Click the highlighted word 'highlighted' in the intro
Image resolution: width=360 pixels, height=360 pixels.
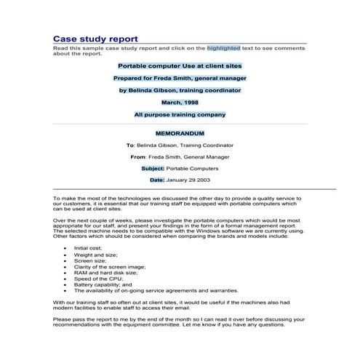(x=223, y=48)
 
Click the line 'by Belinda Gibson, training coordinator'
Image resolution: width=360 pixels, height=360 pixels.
(x=180, y=90)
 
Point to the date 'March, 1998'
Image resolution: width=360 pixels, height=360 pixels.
(x=180, y=103)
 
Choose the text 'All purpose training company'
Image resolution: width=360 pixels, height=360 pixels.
(x=180, y=114)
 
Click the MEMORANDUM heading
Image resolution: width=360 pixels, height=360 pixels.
(x=180, y=134)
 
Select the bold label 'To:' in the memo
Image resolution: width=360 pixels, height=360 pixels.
(x=131, y=145)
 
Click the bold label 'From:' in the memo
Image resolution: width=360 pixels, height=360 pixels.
(x=138, y=156)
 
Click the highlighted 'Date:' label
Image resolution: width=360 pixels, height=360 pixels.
(x=157, y=179)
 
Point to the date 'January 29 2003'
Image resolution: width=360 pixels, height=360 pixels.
(x=188, y=179)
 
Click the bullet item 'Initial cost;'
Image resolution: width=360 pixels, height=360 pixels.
(x=89, y=248)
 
